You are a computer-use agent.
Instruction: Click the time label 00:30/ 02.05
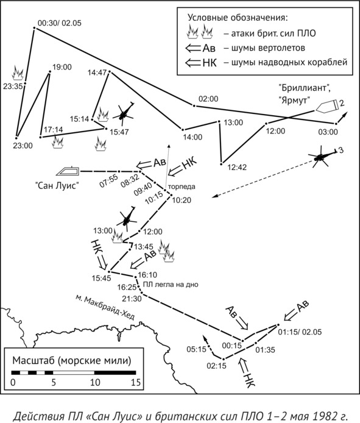pos(59,23)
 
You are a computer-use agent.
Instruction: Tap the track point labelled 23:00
pos(16,138)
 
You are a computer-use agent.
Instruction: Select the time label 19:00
pos(62,67)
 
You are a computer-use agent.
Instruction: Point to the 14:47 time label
pos(97,73)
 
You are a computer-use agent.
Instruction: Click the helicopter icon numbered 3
pos(322,157)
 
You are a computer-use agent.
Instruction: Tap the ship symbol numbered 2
pos(328,106)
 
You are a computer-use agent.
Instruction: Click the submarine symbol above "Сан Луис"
pos(68,171)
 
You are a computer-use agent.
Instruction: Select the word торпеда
pos(182,187)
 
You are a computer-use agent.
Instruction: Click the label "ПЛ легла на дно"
pos(171,285)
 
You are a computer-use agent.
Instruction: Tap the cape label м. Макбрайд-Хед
pos(105,307)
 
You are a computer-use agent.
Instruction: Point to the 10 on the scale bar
pos(94,382)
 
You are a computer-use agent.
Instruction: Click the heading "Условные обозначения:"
pos(238,18)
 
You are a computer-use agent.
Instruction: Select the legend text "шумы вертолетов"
pos(268,48)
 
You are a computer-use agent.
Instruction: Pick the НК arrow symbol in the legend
pos(200,63)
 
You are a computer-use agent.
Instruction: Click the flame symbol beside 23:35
pos(18,73)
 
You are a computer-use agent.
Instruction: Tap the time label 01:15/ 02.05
pos(300,332)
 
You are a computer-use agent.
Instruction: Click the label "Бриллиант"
pos(305,88)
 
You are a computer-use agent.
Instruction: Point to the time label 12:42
pos(237,168)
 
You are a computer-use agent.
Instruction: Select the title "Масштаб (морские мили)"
pos(72,361)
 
